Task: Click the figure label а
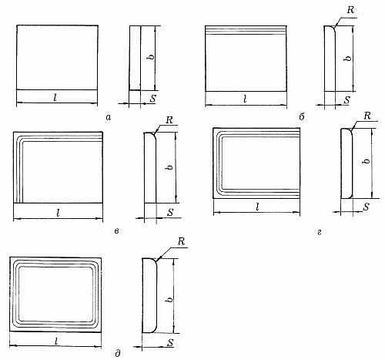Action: [109, 118]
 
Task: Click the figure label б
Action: [302, 117]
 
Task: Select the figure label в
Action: [116, 231]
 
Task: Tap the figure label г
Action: [320, 232]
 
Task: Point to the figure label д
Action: [118, 354]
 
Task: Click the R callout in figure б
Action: [350, 10]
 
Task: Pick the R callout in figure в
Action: [169, 120]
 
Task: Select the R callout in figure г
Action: [367, 116]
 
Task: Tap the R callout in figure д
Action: [181, 241]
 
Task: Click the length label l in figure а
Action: [55, 97]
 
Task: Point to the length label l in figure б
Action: [245, 99]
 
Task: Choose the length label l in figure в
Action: [59, 213]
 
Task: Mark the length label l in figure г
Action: [257, 207]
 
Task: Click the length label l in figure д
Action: [56, 341]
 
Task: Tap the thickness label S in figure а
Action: [152, 99]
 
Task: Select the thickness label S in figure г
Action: [367, 207]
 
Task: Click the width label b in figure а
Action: [152, 56]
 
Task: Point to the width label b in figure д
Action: [169, 300]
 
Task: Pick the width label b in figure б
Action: [348, 58]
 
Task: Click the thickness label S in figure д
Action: [170, 342]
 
